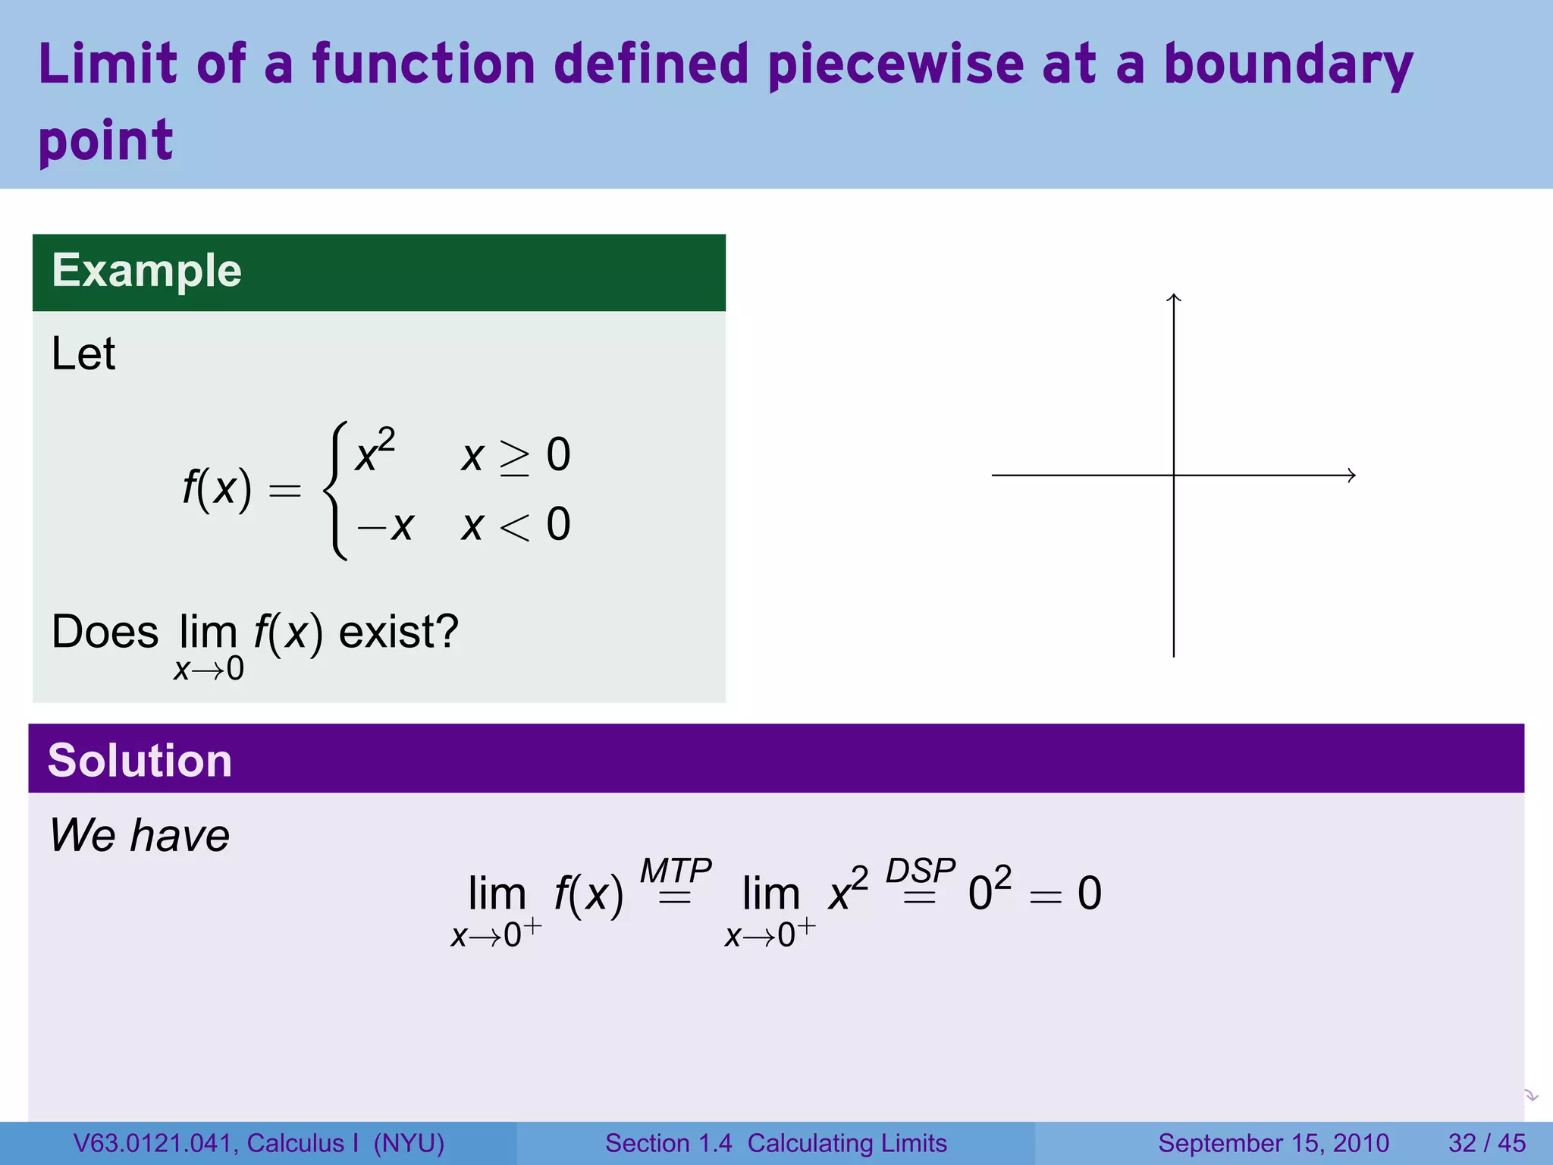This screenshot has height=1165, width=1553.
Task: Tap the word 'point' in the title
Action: click(105, 142)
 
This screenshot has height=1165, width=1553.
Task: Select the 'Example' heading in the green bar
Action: click(146, 271)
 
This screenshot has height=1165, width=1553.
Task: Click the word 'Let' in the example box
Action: click(83, 354)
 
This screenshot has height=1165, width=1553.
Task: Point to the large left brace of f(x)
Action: click(336, 491)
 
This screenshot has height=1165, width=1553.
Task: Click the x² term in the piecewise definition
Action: click(375, 453)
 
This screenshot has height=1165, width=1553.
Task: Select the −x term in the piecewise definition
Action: click(385, 525)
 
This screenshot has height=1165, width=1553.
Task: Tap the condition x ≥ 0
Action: click(516, 456)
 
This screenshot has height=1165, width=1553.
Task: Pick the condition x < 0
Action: click(516, 525)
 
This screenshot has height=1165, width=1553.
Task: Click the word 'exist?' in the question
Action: click(398, 632)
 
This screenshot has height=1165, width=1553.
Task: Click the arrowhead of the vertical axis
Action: click(1174, 297)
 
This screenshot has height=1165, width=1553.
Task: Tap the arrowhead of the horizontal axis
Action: click(1351, 476)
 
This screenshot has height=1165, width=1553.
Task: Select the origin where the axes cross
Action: click(1174, 476)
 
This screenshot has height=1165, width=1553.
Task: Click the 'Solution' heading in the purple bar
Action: click(140, 761)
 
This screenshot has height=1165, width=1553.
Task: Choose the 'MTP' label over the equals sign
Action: click(676, 870)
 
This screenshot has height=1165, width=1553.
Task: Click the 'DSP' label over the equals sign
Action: click(920, 870)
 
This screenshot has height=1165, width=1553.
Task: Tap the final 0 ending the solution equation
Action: click(1089, 893)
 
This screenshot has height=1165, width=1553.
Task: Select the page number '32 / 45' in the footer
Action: click(1486, 1143)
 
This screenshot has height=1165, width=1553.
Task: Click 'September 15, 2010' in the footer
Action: click(1273, 1143)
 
